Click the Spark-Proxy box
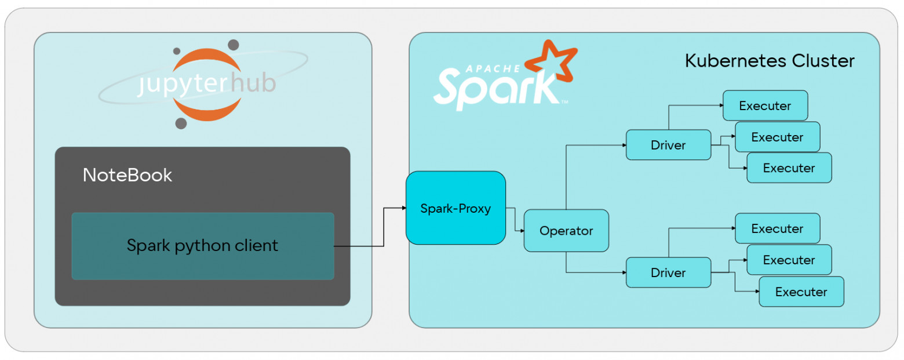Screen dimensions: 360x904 point(455,208)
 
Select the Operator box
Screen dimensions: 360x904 point(566,231)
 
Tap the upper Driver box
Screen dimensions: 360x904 point(668,145)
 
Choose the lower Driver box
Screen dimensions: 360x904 point(668,272)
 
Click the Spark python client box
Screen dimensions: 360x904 point(202,246)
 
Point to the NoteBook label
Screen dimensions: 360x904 point(127,175)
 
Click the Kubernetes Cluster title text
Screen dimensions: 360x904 point(770,61)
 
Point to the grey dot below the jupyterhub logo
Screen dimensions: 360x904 point(181,123)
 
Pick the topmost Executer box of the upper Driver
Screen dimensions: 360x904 point(765,106)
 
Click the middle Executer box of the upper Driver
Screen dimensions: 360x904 point(777,137)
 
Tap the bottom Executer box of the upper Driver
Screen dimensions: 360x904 point(789,168)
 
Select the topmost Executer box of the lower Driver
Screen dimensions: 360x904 point(777,228)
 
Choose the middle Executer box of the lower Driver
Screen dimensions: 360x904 point(789,260)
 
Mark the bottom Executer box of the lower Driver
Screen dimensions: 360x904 point(801,292)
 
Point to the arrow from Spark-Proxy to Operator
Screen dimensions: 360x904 point(515,220)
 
